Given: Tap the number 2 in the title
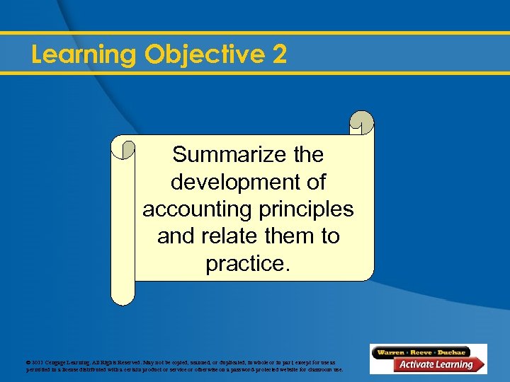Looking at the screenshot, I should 279,54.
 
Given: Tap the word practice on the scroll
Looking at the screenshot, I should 246,264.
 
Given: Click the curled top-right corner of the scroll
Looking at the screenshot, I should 362,122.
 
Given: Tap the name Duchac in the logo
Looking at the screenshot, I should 451,352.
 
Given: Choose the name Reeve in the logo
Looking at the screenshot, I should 423,352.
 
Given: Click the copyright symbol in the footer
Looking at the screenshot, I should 28,362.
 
